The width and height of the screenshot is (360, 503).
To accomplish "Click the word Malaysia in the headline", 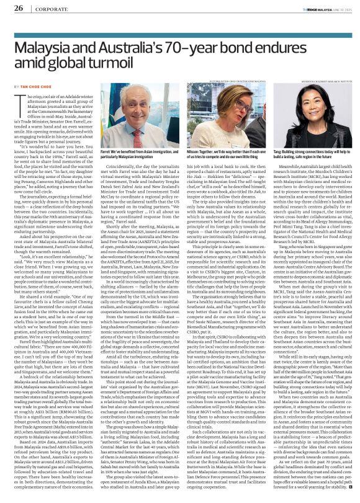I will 47,47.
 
